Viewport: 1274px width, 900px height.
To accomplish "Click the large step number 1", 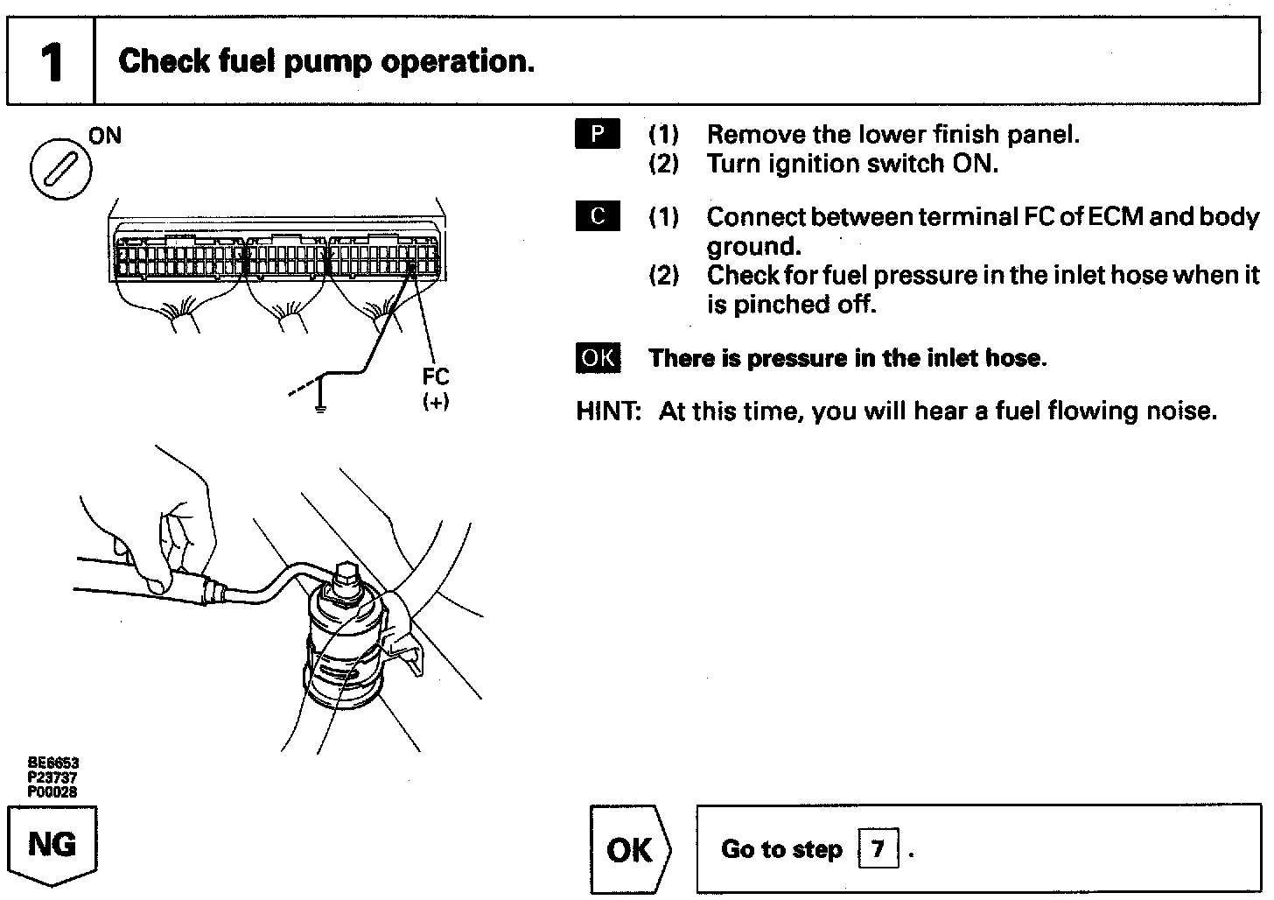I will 52,62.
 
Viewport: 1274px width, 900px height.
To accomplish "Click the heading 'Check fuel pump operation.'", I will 325,61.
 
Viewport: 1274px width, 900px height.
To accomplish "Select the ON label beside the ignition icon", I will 105,136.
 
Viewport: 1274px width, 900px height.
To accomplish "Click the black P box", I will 598,134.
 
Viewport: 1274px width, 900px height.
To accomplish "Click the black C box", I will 598,216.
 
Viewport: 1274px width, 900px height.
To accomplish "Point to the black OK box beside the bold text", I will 598,358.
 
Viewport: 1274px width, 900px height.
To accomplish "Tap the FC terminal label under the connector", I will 435,376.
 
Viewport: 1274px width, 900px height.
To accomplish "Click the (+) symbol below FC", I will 435,402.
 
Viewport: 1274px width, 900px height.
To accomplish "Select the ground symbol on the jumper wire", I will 320,404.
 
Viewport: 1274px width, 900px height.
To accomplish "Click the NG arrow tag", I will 52,845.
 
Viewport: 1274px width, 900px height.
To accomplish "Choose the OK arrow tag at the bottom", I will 630,850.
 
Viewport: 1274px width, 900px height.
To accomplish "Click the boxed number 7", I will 878,849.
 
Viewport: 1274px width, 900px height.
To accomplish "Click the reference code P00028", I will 52,792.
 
